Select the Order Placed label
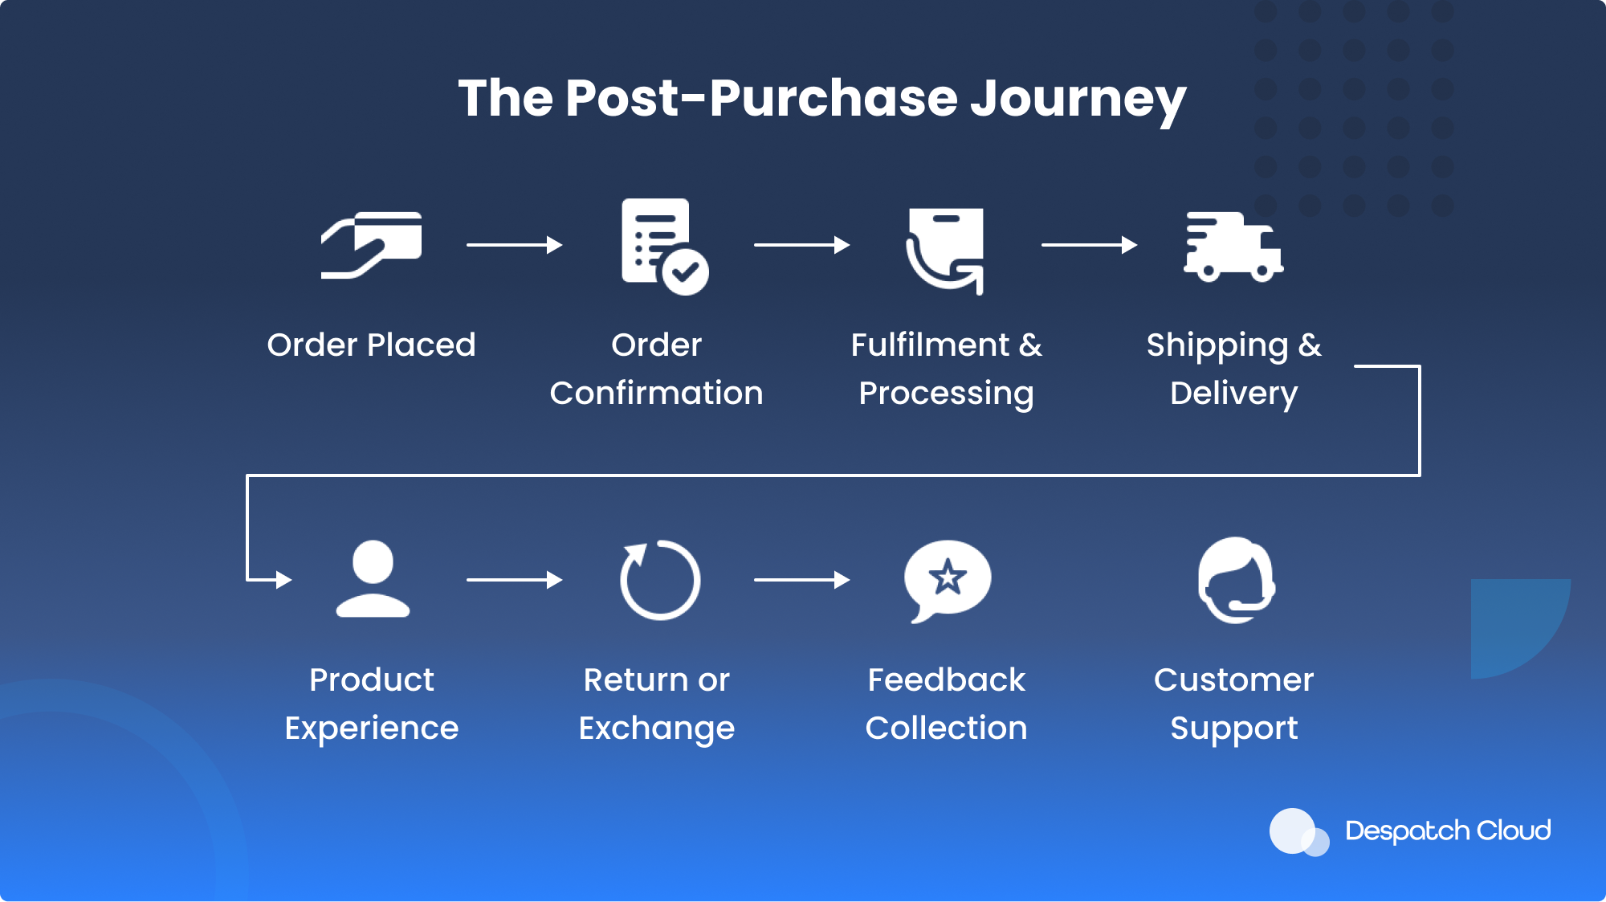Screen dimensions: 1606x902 [x=371, y=345]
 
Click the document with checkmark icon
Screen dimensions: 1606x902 [x=664, y=247]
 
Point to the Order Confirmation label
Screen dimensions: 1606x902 [x=656, y=369]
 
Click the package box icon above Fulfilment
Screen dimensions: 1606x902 [x=945, y=251]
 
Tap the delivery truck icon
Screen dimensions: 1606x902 [x=1233, y=247]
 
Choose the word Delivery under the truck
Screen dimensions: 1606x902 [x=1233, y=394]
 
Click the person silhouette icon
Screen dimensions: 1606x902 [x=373, y=578]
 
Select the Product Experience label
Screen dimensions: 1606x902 [x=372, y=704]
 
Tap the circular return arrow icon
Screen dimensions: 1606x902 [x=660, y=579]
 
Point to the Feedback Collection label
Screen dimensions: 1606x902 [x=947, y=704]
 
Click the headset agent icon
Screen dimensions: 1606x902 [x=1237, y=580]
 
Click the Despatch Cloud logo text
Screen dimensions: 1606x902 [x=1448, y=831]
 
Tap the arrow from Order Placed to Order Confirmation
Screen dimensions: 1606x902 [x=515, y=244]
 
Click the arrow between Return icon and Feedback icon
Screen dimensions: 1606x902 [x=802, y=579]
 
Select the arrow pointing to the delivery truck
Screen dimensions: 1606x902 [x=1090, y=244]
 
